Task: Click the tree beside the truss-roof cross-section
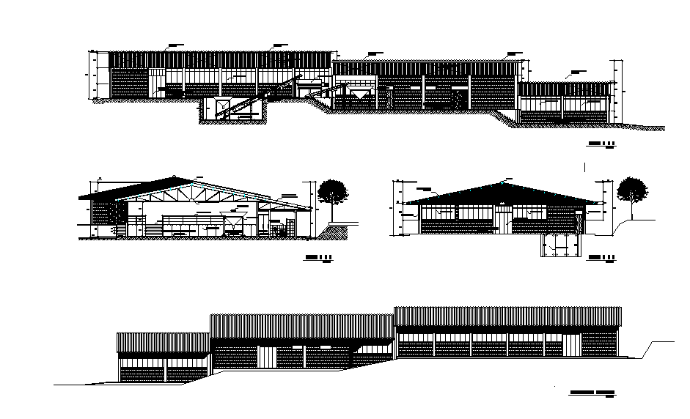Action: pos(333,191)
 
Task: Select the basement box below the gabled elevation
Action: pos(560,246)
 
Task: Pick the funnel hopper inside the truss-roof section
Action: pos(230,224)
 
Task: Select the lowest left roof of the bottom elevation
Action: pos(164,342)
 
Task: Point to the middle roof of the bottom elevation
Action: pos(301,326)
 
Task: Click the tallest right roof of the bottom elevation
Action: pos(507,316)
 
